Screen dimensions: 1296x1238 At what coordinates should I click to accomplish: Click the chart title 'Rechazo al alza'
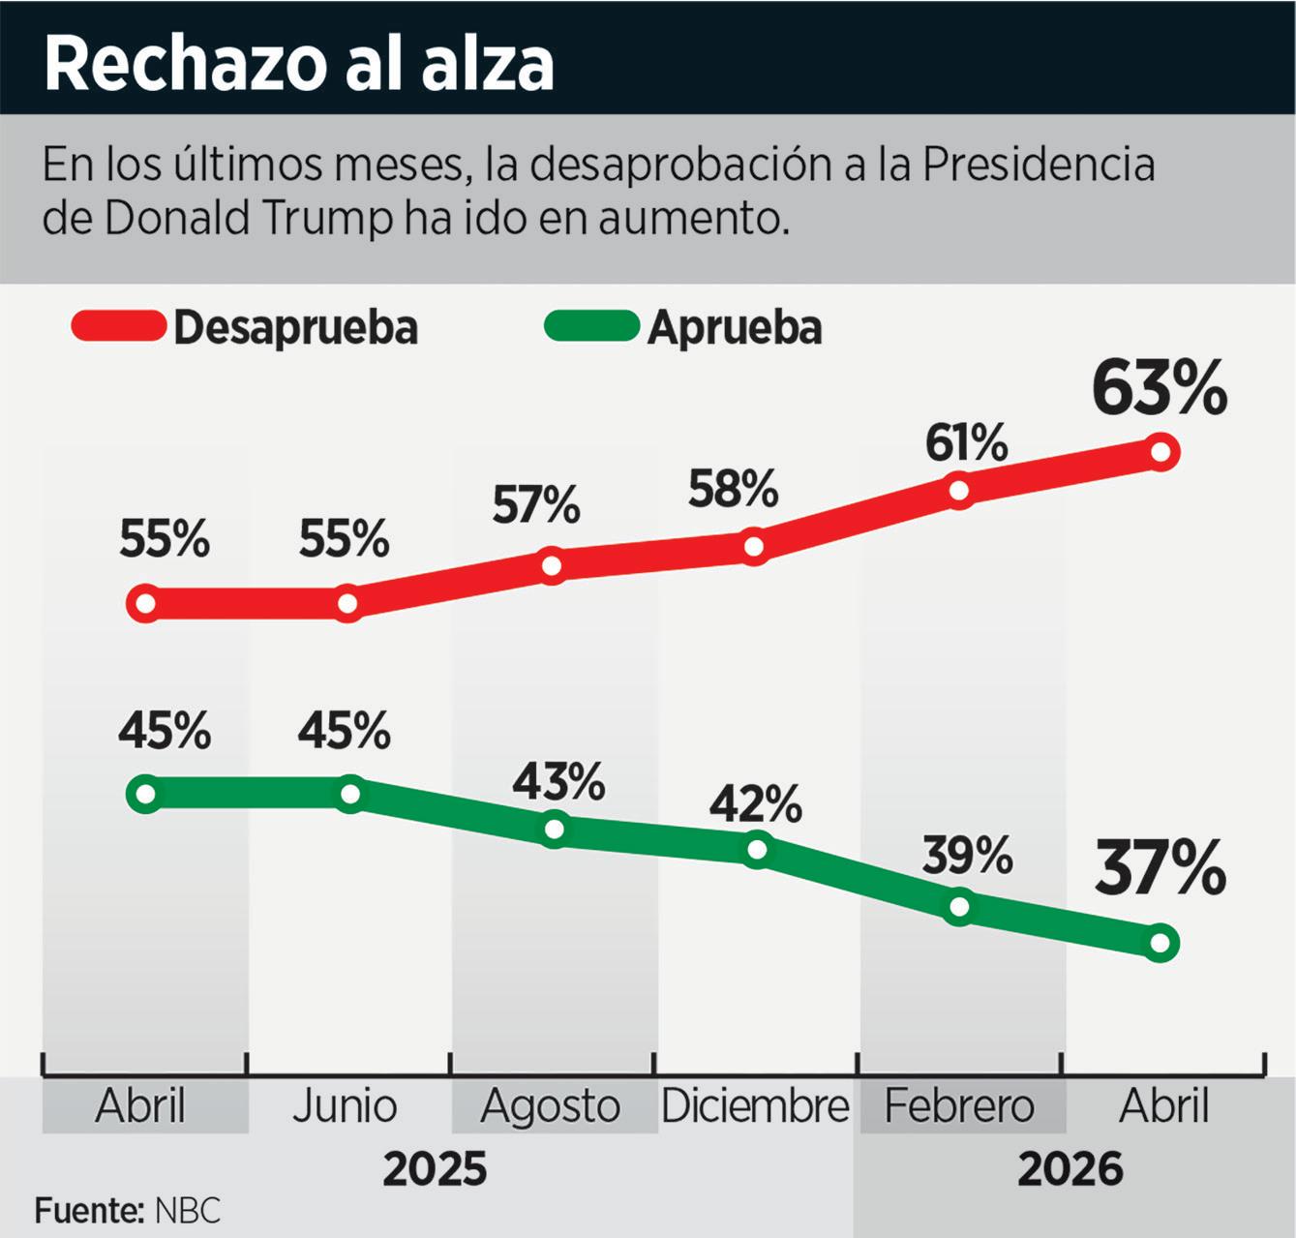tap(299, 65)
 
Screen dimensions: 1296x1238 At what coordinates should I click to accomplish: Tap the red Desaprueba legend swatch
tap(118, 325)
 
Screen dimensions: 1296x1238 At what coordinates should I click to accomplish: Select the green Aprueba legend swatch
tap(591, 325)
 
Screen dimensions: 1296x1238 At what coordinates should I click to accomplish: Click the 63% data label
tap(1160, 387)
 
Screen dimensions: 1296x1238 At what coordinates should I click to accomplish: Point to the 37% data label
tap(1160, 867)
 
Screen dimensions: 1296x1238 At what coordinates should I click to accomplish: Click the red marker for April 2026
tap(1160, 452)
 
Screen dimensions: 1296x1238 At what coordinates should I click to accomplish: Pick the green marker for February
tap(959, 906)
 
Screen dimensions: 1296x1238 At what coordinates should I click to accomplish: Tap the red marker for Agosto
tap(552, 566)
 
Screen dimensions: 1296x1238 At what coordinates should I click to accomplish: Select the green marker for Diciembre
tap(757, 849)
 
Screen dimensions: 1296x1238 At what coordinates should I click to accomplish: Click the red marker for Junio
tap(347, 603)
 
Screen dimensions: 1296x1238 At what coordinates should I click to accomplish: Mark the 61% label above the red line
tap(966, 443)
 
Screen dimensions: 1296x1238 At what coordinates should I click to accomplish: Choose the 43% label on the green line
tap(558, 781)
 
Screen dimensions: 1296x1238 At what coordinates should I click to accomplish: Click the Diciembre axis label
tap(755, 1106)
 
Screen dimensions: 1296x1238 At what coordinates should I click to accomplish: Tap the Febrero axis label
tap(959, 1106)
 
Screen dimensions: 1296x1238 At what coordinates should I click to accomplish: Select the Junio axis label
tap(345, 1106)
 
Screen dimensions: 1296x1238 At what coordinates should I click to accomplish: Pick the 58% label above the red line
tap(733, 489)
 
